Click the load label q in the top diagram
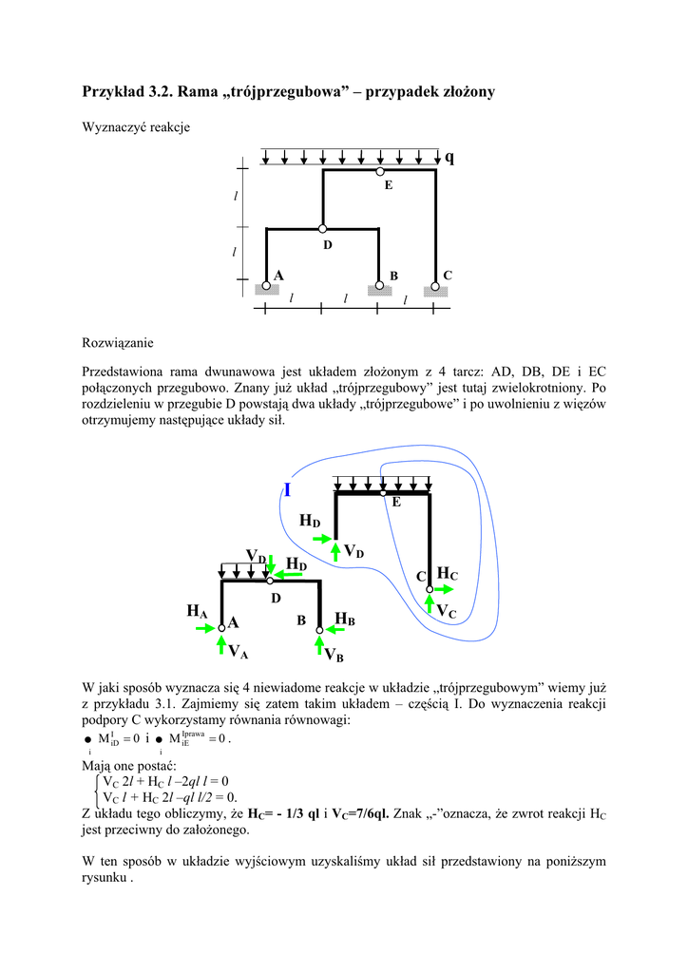click(449, 158)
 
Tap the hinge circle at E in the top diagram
click(379, 172)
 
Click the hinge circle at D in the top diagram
click(323, 229)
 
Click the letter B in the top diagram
click(392, 276)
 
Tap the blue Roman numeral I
click(287, 490)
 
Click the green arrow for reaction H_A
click(207, 627)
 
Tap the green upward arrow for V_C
click(430, 605)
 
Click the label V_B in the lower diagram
click(334, 655)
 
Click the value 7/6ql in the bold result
click(373, 814)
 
